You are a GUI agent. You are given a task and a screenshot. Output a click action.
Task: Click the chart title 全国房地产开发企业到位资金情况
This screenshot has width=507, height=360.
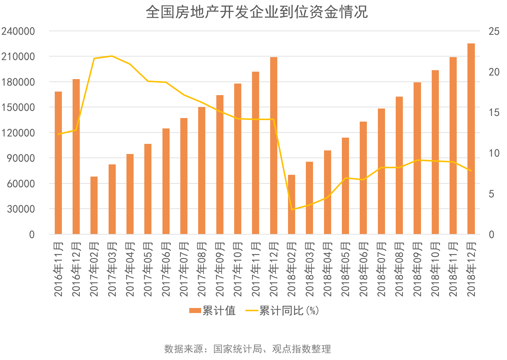256,12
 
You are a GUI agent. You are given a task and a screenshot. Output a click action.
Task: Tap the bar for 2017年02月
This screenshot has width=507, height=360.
94,205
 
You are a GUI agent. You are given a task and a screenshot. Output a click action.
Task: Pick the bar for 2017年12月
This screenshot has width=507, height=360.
274,146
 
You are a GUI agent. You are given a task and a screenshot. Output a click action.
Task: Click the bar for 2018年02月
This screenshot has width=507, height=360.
292,205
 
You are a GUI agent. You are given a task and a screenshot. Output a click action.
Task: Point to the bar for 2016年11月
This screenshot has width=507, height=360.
58,163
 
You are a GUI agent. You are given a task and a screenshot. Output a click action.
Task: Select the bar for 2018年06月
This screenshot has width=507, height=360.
363,178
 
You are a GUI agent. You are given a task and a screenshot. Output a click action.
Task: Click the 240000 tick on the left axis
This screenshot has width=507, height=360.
18,31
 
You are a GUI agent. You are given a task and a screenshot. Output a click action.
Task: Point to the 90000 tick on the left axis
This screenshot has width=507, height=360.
21,158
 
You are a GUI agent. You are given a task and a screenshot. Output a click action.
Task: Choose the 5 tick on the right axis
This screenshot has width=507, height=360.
491,194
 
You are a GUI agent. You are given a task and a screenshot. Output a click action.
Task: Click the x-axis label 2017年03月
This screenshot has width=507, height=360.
112,269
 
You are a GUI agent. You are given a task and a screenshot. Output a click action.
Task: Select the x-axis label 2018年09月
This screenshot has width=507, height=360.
417,269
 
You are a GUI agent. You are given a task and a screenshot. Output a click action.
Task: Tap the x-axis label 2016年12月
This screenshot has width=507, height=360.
76,269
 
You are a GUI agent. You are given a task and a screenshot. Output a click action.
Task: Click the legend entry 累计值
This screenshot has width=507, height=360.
213,311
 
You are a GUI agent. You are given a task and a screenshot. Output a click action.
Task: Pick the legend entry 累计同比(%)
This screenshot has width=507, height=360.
282,311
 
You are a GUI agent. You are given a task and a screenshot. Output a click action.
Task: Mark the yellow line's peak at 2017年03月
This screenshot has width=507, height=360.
112,56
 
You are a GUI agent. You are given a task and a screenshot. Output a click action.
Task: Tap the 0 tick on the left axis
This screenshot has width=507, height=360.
32,235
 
